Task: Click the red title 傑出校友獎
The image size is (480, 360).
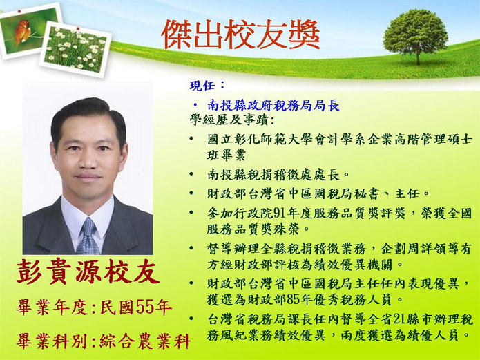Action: pyautogui.click(x=240, y=35)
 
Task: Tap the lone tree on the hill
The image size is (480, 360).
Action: pyautogui.click(x=416, y=36)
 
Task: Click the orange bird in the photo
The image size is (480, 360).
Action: pyautogui.click(x=22, y=32)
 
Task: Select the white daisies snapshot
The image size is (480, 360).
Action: pyautogui.click(x=75, y=49)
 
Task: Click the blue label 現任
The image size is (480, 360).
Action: pyautogui.click(x=202, y=86)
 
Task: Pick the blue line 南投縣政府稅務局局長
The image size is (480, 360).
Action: pyautogui.click(x=273, y=105)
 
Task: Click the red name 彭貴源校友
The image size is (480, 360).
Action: pyautogui.click(x=88, y=272)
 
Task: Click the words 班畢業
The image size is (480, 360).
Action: pyautogui.click(x=226, y=155)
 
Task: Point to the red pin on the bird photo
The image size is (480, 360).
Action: pyautogui.click(x=19, y=11)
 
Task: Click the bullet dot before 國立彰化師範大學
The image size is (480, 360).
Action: pyautogui.click(x=191, y=138)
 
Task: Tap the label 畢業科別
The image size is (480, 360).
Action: pyautogui.click(x=52, y=341)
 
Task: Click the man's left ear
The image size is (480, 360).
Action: pyautogui.click(x=123, y=153)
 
